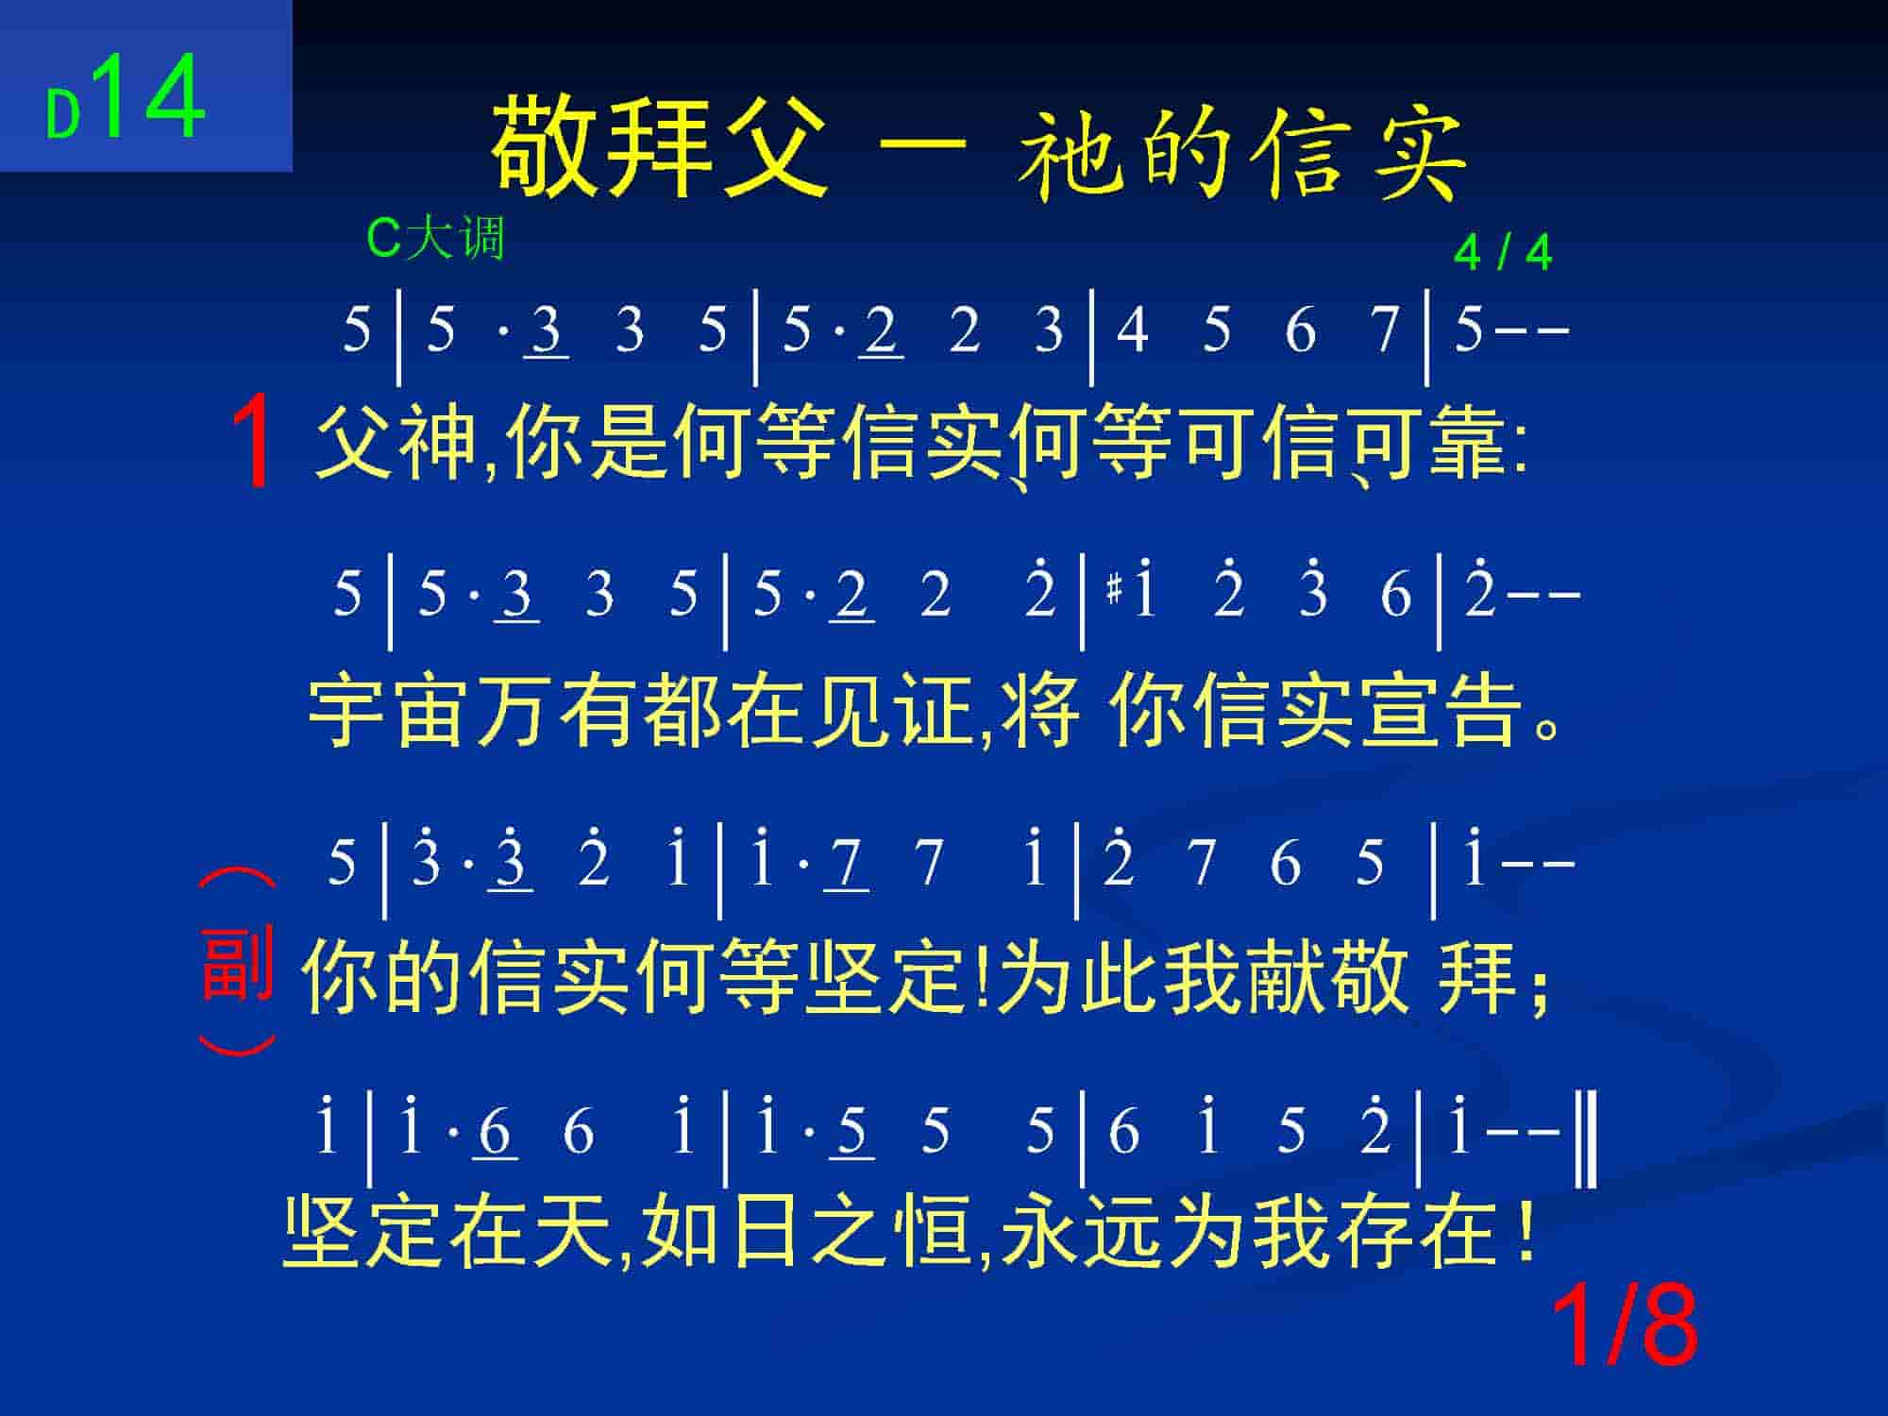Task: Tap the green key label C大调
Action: (435, 238)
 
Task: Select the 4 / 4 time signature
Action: (1503, 253)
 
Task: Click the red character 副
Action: (237, 964)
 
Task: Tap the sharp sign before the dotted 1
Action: (1114, 592)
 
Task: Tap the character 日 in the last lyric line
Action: (761, 1232)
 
